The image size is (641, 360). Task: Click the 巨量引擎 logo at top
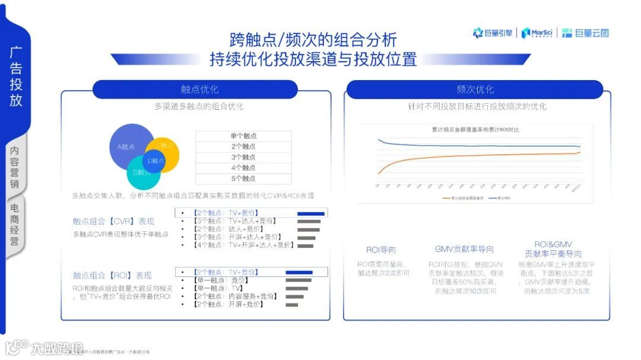(493, 33)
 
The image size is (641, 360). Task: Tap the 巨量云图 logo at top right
(586, 33)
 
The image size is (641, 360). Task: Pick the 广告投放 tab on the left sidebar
(16, 76)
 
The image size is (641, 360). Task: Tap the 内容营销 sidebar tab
(15, 167)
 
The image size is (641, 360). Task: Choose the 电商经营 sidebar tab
(15, 225)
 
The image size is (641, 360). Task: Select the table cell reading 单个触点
(243, 136)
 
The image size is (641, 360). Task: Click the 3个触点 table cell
(243, 157)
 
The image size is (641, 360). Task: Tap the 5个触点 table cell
(243, 179)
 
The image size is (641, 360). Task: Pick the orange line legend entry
(455, 197)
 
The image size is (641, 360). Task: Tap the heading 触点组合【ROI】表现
(112, 275)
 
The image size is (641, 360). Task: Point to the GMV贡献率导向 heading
(464, 249)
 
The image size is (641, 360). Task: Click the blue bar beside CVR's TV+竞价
(310, 213)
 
